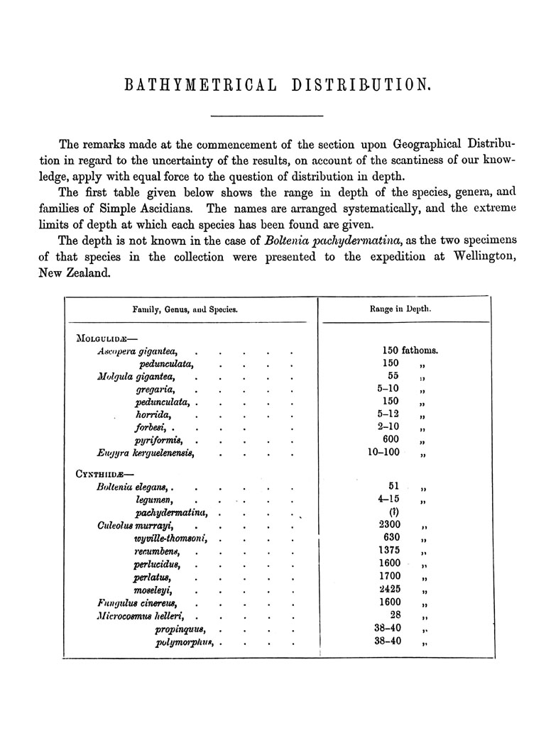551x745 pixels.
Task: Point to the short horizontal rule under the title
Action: tap(267, 116)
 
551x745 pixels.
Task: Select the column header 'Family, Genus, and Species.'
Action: tap(185, 309)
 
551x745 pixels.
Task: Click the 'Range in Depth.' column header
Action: tap(401, 309)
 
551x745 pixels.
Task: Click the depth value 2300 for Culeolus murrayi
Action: tap(391, 525)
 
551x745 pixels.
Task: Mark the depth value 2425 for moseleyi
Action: tap(391, 590)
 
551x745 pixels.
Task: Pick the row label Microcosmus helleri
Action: tap(141, 616)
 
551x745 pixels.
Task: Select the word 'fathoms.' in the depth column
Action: tap(420, 350)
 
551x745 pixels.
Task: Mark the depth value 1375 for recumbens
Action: tap(391, 551)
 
